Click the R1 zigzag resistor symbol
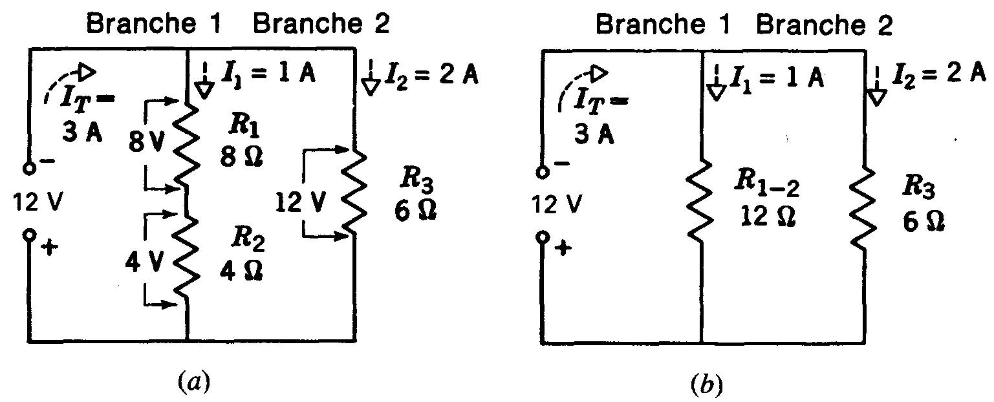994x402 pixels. pyautogui.click(x=186, y=143)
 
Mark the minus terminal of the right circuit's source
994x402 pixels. pyautogui.click(x=543, y=172)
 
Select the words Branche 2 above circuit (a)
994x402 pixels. pyautogui.click(x=321, y=25)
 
